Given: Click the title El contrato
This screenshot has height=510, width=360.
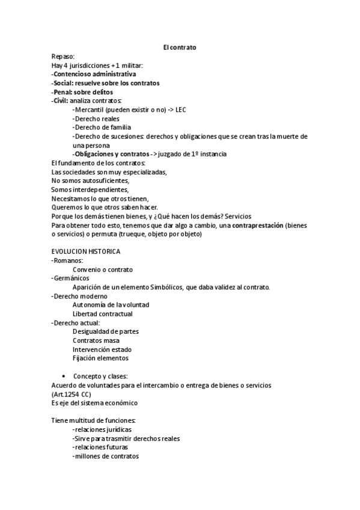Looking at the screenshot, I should click(180, 47).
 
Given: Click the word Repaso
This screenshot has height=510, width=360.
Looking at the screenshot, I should click(63, 56).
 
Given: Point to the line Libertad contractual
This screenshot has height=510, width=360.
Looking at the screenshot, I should click(103, 314).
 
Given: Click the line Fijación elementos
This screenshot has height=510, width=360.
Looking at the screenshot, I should click(100, 358).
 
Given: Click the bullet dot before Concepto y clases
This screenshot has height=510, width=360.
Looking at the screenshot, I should click(64, 376).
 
